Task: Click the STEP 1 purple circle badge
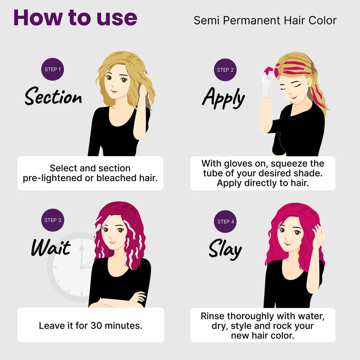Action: coord(53,69)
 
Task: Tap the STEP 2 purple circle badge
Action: coord(225,70)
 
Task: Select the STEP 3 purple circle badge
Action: coord(53,220)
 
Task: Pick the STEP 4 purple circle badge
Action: coord(225,221)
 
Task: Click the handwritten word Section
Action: coord(53,96)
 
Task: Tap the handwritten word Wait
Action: coord(51,247)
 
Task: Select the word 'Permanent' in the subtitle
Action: coord(252,20)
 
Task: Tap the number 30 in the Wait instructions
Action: coord(96,326)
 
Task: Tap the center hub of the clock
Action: coord(82,267)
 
